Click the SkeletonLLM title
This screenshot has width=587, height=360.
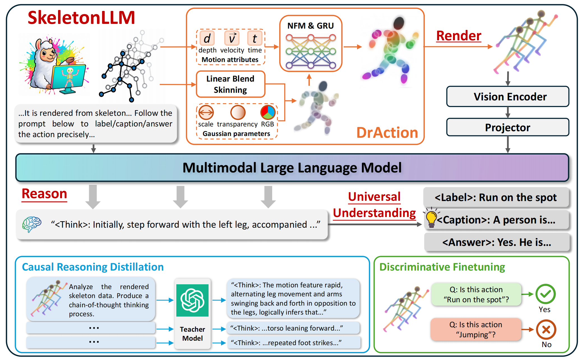pyautogui.click(x=81, y=17)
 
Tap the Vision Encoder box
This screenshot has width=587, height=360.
pyautogui.click(x=507, y=97)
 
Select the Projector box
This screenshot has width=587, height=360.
pyautogui.click(x=507, y=128)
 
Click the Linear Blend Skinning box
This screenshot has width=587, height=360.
pyautogui.click(x=230, y=84)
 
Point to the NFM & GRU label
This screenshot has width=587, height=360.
pyautogui.click(x=311, y=26)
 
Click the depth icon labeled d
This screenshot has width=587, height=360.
pyautogui.click(x=207, y=38)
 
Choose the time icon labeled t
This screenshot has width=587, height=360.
pyautogui.click(x=255, y=38)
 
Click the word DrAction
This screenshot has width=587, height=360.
pyautogui.click(x=387, y=133)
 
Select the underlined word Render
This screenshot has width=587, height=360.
pyautogui.click(x=459, y=36)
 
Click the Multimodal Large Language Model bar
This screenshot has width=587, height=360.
pyautogui.click(x=292, y=168)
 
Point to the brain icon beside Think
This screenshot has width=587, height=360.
pyautogui.click(x=32, y=224)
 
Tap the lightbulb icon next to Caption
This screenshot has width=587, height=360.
pyautogui.click(x=431, y=218)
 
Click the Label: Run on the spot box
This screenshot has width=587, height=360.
pyautogui.click(x=496, y=197)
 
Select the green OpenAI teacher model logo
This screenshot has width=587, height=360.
pyautogui.click(x=192, y=300)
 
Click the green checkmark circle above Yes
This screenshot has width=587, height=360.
pyautogui.click(x=546, y=294)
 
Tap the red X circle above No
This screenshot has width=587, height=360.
pyautogui.click(x=546, y=329)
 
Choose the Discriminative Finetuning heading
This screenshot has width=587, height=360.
pyautogui.click(x=442, y=267)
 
